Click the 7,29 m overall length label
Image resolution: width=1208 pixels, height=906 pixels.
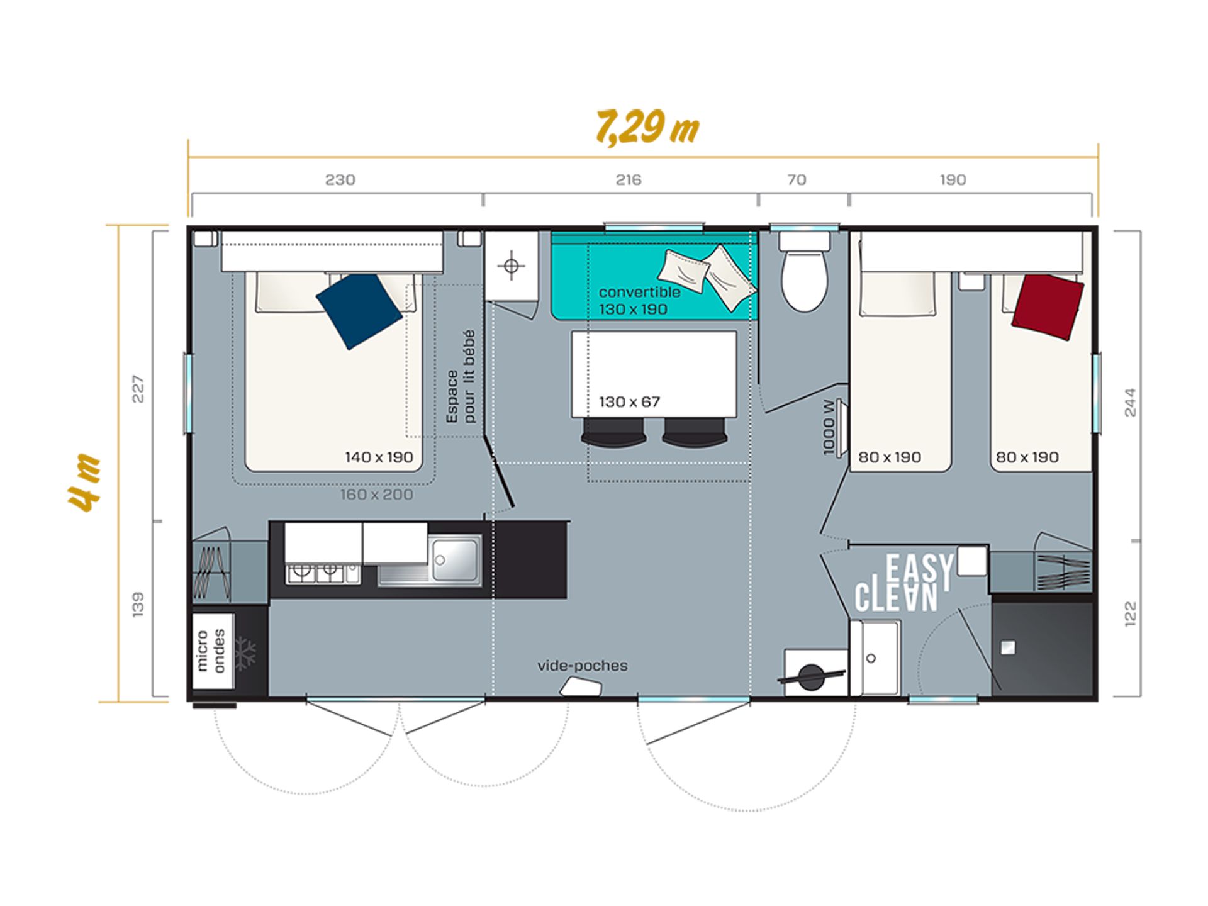tap(647, 128)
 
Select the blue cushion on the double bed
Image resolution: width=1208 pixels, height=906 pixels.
tap(359, 311)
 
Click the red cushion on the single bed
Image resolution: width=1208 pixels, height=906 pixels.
tap(1048, 307)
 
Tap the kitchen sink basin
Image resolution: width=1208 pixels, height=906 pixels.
tap(454, 559)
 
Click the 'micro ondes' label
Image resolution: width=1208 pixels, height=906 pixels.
tap(211, 651)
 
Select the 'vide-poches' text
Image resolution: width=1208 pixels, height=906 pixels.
tap(583, 666)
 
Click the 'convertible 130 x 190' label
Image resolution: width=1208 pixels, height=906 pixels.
tap(639, 301)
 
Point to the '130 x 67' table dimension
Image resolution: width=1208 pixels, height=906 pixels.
tap(629, 402)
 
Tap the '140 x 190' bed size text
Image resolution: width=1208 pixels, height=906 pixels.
tap(379, 457)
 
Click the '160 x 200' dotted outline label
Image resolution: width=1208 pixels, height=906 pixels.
tap(377, 495)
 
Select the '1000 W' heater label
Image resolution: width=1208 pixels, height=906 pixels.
tap(829, 428)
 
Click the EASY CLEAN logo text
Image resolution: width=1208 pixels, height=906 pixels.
tap(903, 583)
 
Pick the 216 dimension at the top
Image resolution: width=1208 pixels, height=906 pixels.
tap(629, 180)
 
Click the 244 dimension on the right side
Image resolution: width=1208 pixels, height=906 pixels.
tap(1130, 403)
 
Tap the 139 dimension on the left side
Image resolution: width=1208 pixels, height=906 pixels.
tap(138, 604)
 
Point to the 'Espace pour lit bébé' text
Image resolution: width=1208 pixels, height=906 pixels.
tap(461, 376)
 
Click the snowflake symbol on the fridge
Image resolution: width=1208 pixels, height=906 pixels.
tap(245, 654)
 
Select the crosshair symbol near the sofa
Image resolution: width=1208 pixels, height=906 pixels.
tap(511, 266)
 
